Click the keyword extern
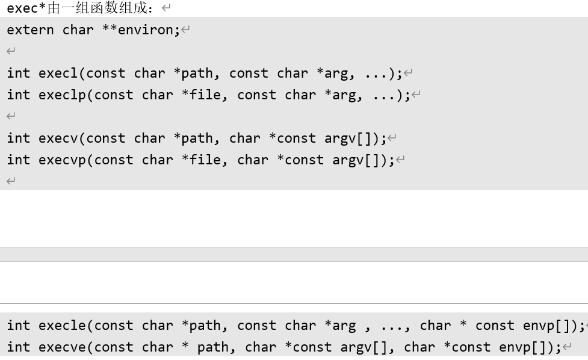[30, 30]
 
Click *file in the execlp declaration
[201, 95]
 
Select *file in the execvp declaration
[201, 160]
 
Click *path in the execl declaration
[193, 73]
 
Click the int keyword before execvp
[19, 160]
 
